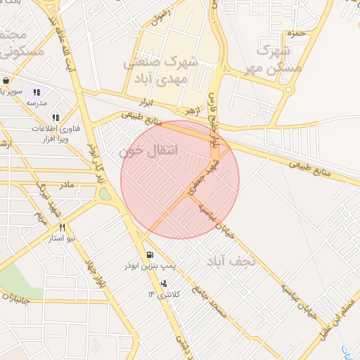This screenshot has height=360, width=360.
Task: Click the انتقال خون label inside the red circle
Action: [x=148, y=151]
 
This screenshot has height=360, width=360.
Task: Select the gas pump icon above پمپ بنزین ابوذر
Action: [x=149, y=255]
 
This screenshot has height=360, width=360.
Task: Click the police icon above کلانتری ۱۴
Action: [x=163, y=283]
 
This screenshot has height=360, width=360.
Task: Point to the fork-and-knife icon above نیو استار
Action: [x=63, y=227]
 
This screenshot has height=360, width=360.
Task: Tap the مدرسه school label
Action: [x=37, y=103]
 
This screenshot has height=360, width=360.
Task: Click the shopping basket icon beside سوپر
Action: [x=6, y=80]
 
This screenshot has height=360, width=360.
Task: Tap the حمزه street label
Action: [x=295, y=33]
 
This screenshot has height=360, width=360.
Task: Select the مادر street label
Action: [x=67, y=185]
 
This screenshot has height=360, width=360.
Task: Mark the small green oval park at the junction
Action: [x=105, y=193]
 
